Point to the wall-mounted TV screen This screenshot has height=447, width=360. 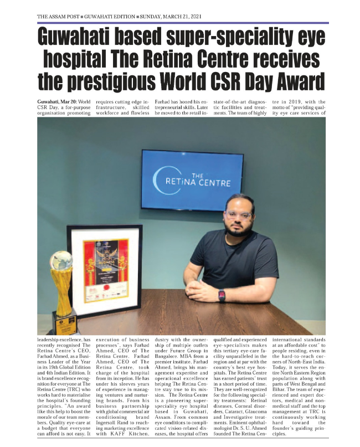(199, 181)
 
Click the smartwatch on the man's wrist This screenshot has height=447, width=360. (222, 295)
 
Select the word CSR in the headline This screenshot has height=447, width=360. (211, 81)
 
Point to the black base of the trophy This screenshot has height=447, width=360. (64, 321)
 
